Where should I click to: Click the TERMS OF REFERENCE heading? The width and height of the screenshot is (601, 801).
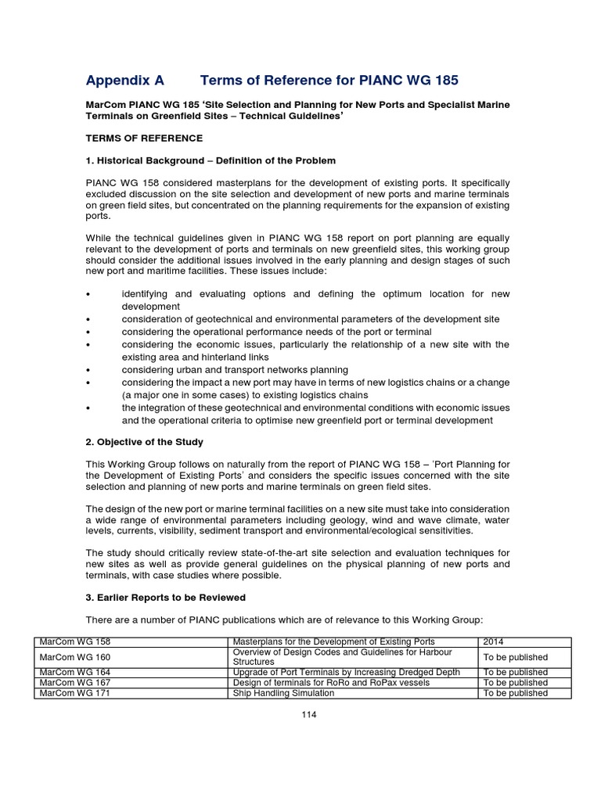(144, 138)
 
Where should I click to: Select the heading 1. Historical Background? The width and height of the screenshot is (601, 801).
(211, 160)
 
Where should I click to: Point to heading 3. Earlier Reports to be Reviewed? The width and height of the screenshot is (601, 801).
(165, 598)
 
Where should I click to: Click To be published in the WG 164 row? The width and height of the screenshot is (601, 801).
(515, 672)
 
